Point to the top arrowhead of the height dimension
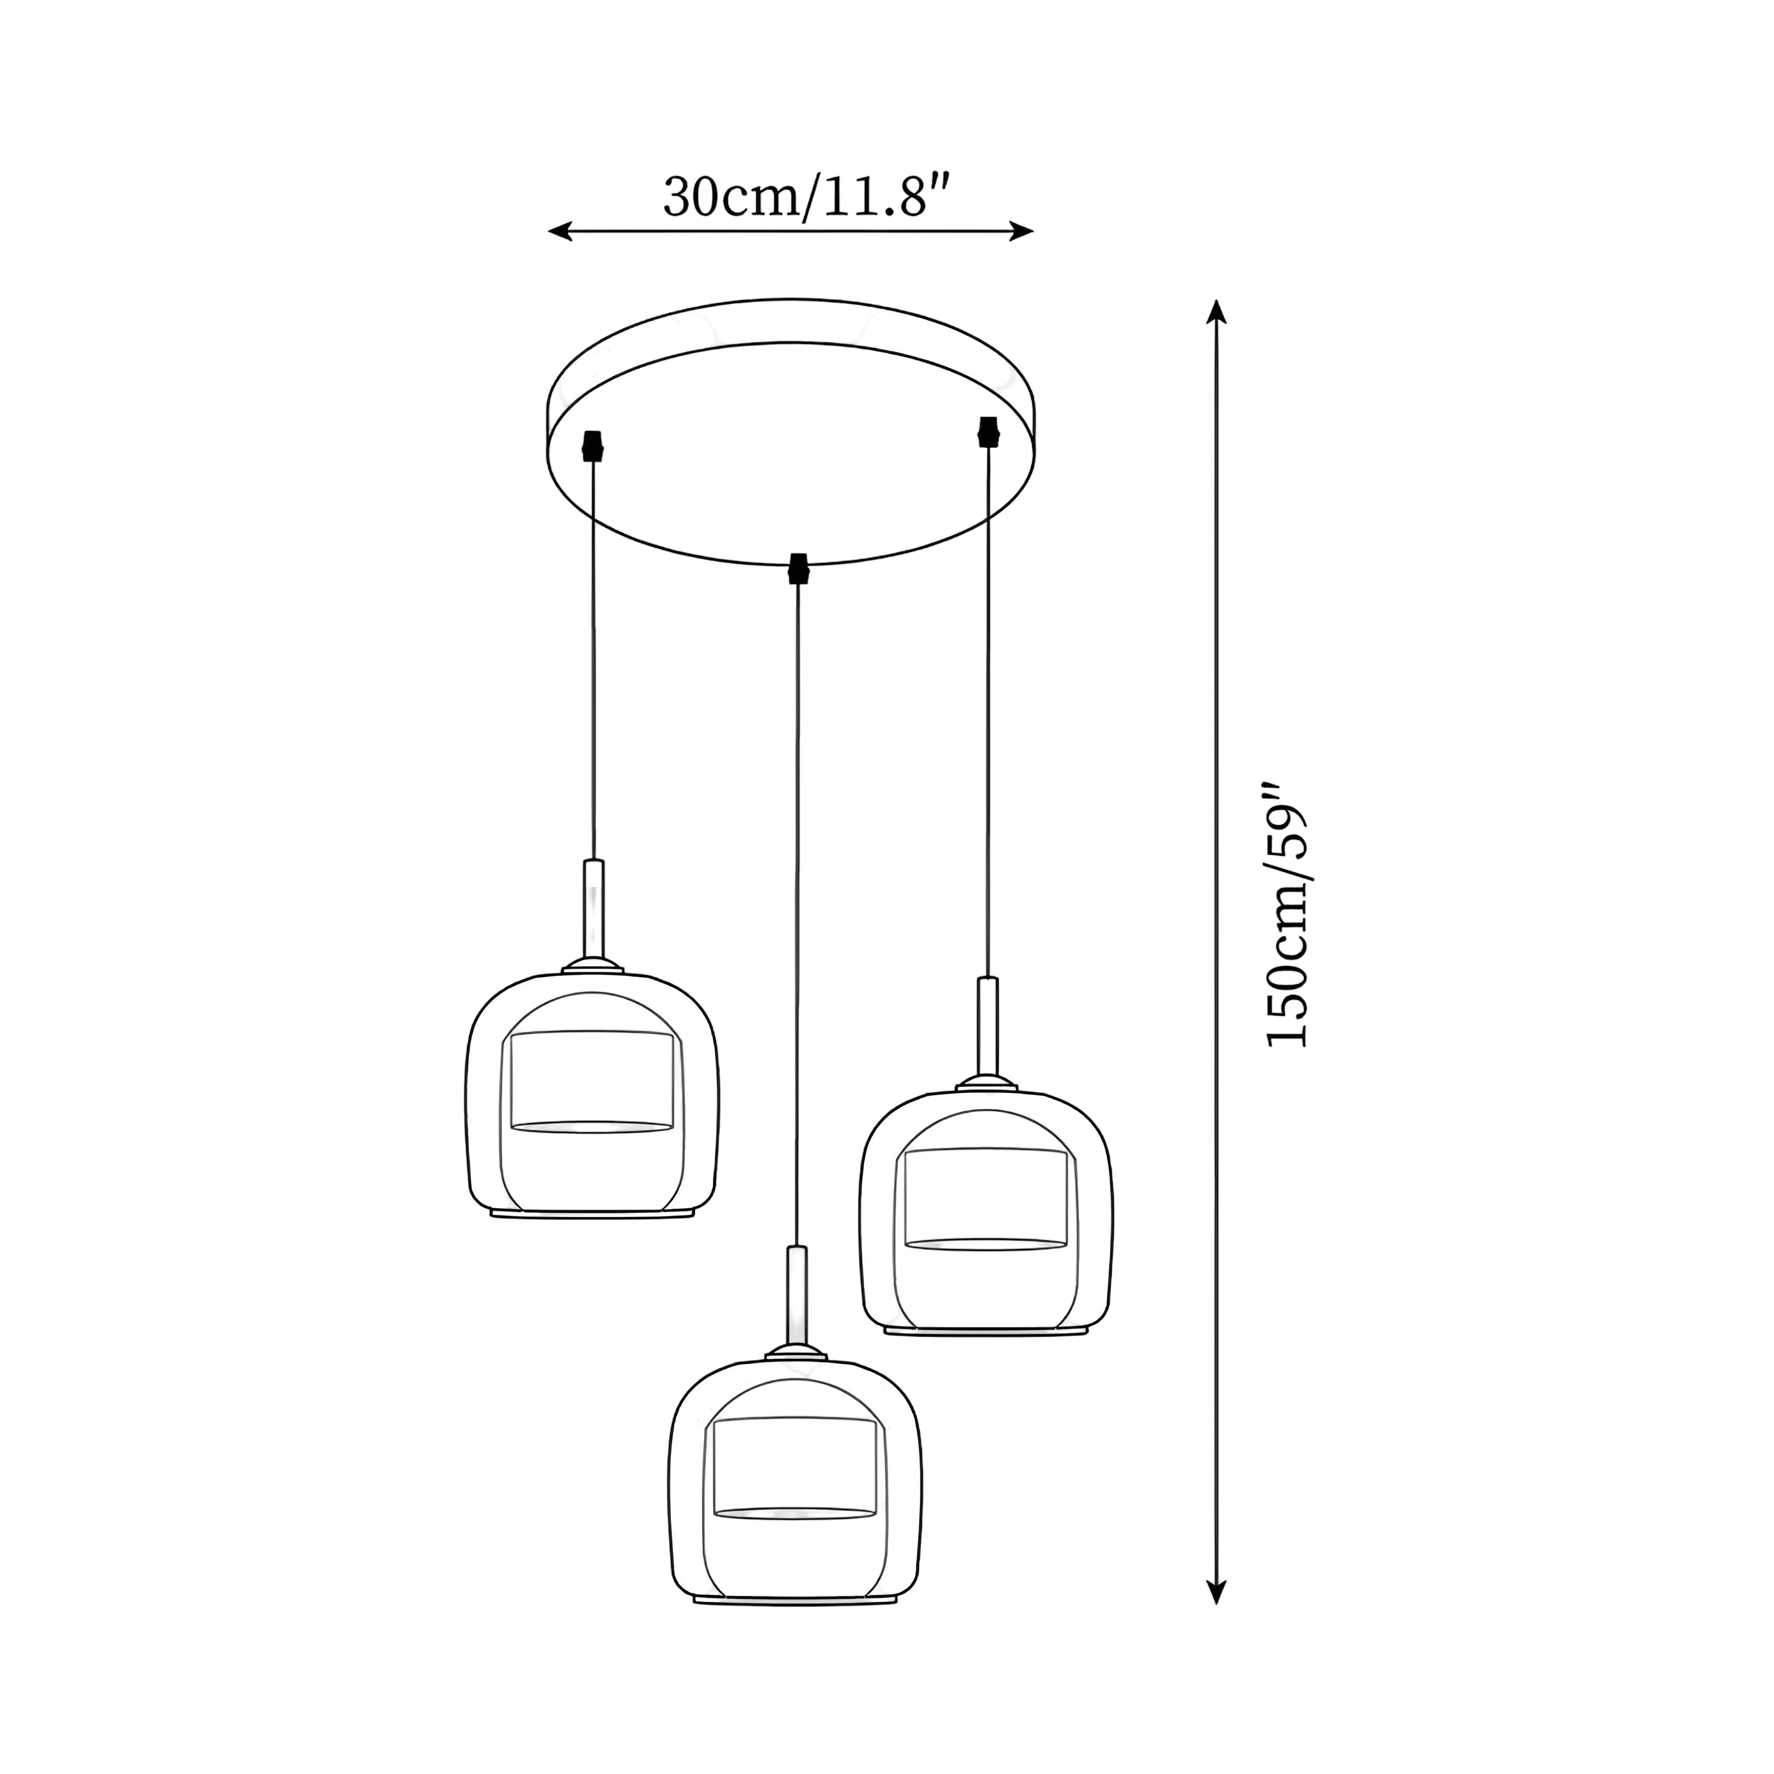click(1216, 310)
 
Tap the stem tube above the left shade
click(594, 909)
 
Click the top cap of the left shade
click(593, 966)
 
